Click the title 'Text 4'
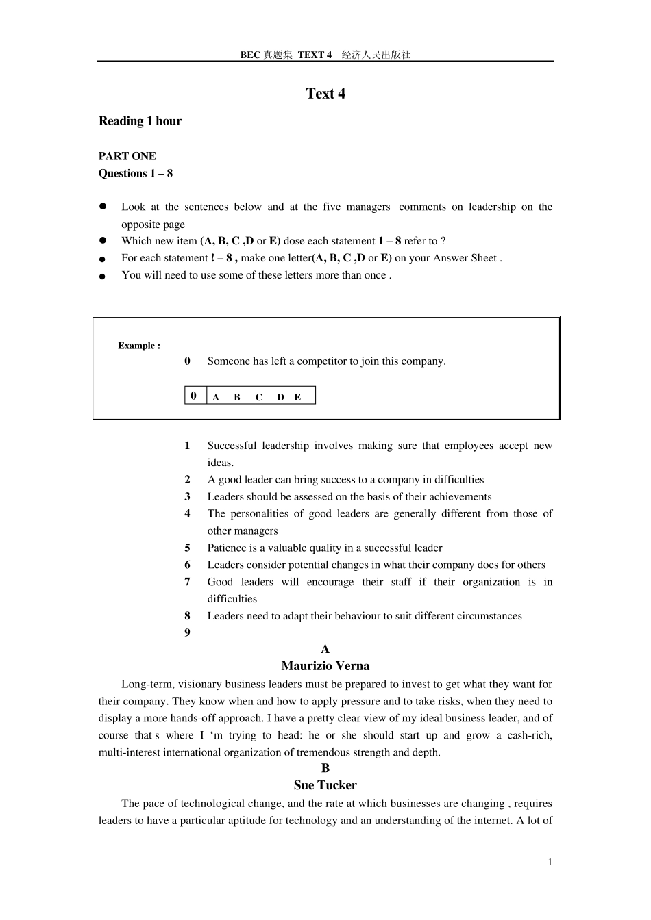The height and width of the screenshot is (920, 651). (x=325, y=94)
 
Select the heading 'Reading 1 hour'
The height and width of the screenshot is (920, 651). (x=140, y=121)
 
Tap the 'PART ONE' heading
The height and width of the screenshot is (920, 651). (x=127, y=156)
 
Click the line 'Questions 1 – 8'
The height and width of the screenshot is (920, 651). (x=136, y=173)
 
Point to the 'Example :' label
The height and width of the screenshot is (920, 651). (x=139, y=346)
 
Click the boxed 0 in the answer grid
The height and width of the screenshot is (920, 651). (x=194, y=396)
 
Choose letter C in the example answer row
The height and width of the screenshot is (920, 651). (x=259, y=397)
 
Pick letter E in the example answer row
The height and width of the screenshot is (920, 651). (x=297, y=397)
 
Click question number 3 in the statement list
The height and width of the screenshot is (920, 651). (x=187, y=497)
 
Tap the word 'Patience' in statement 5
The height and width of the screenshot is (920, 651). (x=227, y=548)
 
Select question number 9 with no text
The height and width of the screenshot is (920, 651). (x=187, y=632)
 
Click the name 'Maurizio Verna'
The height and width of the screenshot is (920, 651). (x=325, y=666)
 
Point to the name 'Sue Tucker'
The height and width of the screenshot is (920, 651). (x=325, y=785)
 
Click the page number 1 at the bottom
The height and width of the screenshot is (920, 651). (x=550, y=862)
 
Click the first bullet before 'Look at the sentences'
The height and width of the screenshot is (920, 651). (x=103, y=206)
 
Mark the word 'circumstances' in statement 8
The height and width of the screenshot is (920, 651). (x=489, y=616)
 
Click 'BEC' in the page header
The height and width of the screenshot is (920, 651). (x=250, y=55)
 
